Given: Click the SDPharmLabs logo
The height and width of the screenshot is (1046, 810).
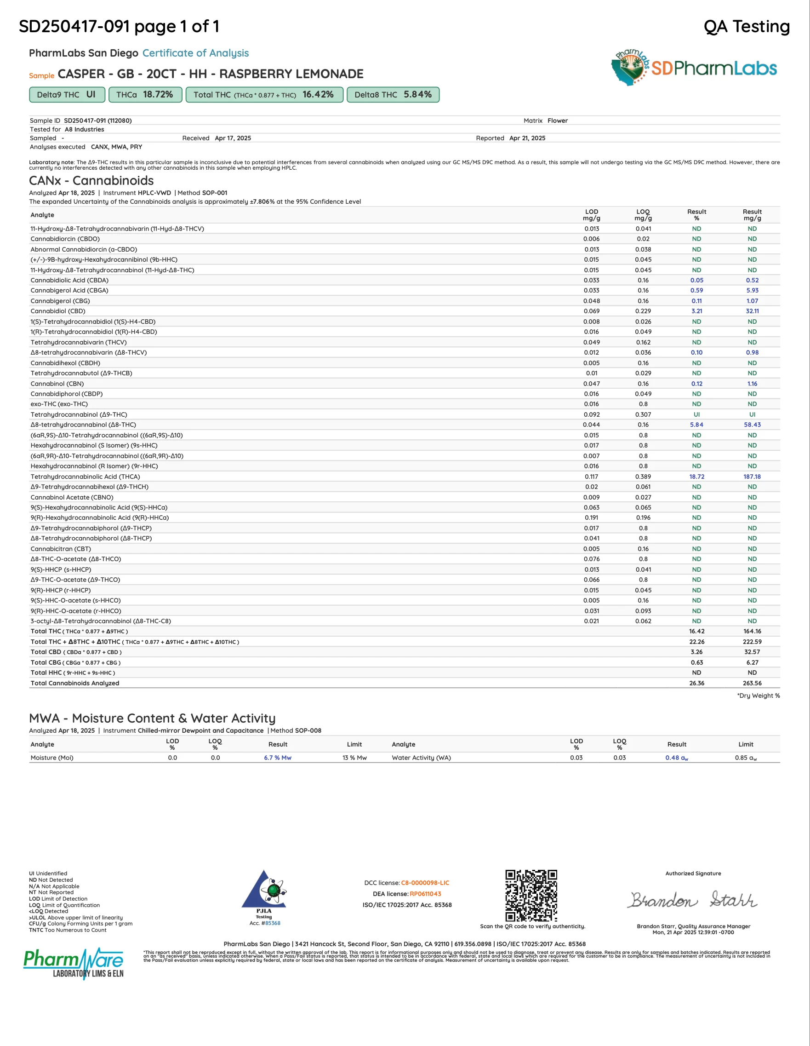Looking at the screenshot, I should [694, 68].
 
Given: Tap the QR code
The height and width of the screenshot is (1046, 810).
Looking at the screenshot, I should [531, 895].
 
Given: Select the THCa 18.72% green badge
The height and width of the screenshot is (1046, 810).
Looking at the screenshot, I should [145, 95].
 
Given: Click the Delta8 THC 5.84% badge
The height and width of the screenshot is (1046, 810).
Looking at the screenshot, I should [393, 95].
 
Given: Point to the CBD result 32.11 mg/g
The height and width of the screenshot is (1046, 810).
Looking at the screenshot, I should [752, 311].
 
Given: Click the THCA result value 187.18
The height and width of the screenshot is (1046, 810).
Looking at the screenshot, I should [752, 477].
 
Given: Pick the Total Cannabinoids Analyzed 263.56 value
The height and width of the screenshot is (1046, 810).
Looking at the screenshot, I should [752, 684].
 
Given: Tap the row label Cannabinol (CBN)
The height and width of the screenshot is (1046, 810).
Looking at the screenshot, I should [57, 384].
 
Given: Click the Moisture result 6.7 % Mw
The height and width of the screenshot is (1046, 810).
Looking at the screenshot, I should [278, 758].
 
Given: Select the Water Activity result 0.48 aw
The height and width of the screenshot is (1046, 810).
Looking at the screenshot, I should [676, 758].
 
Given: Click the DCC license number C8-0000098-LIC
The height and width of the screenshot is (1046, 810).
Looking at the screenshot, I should [425, 883].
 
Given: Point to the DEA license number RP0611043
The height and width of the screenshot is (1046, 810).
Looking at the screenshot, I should [425, 894].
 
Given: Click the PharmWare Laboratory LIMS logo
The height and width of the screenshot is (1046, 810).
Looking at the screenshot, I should [74, 964].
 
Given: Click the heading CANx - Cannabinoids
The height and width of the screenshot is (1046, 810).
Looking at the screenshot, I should [91, 181].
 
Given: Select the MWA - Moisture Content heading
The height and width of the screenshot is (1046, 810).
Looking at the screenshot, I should [152, 718].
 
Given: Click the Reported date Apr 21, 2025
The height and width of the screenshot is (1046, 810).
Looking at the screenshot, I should [527, 138].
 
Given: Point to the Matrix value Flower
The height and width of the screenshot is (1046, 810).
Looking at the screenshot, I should [557, 121].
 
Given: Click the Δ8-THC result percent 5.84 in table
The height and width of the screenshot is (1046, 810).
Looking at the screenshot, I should [696, 425].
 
